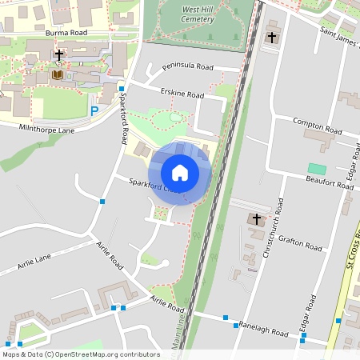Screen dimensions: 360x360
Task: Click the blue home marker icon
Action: tap(180, 172)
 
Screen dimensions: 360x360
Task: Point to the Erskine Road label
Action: tap(182, 94)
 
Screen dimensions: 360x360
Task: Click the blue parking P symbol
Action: tap(94, 111)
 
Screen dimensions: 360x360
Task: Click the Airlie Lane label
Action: tap(32, 258)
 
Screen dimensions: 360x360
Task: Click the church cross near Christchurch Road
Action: tap(257, 218)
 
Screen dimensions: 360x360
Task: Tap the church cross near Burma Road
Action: tap(59, 55)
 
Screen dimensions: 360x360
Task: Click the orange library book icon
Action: tap(57, 74)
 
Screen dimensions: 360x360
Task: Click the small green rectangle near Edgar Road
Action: tap(318, 169)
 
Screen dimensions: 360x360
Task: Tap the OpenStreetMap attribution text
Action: tap(81, 354)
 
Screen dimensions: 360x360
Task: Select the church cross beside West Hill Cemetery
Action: tap(272, 37)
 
